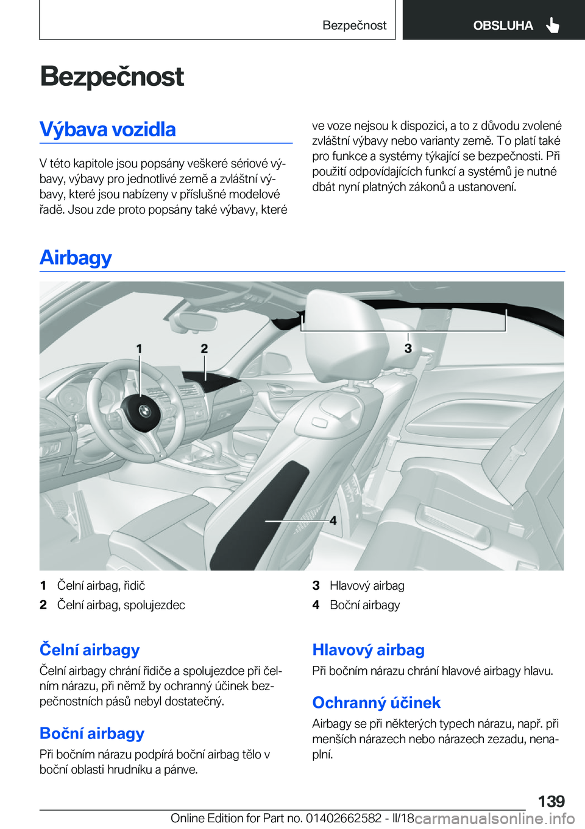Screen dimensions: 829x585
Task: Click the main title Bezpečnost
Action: pos(112,77)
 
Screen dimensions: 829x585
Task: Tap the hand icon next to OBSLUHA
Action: pos(553,25)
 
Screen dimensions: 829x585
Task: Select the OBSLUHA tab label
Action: pos(503,25)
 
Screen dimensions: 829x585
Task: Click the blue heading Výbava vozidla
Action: pos(108,129)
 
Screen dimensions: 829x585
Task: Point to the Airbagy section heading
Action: pos(76,257)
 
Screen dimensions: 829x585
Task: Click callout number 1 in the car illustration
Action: pos(140,348)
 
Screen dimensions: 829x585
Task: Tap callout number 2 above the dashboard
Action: pos(205,348)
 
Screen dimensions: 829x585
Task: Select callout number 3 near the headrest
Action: pos(408,348)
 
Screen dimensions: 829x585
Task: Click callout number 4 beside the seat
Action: pos(333,520)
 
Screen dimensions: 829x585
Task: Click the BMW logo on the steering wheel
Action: pos(144,411)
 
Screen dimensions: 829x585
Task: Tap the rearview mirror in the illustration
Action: pos(194,321)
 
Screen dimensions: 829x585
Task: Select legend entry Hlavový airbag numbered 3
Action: pos(366,586)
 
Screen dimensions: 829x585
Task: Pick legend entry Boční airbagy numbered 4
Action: pos(364,605)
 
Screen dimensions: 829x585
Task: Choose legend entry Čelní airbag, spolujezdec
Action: pos(121,605)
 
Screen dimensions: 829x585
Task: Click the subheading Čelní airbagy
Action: pos(90,649)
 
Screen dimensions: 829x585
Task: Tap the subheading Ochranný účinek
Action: pos(376,702)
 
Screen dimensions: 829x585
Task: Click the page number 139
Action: pos(551,801)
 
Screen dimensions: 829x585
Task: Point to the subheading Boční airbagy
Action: pos(92,733)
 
